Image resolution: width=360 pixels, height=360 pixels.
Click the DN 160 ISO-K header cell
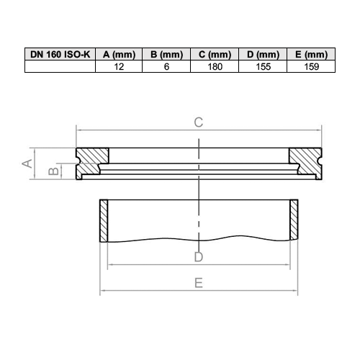[x=60, y=55]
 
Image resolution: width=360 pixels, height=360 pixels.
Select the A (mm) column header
[x=120, y=55]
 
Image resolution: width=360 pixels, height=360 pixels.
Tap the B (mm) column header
[x=167, y=55]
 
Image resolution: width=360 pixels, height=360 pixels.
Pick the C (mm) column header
[x=215, y=55]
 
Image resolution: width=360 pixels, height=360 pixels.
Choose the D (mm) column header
[x=262, y=55]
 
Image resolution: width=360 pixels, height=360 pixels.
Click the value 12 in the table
[x=120, y=66]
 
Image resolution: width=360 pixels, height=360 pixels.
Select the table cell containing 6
[x=167, y=66]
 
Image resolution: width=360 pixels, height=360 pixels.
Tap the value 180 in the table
[x=215, y=66]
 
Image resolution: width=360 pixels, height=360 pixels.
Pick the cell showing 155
[x=262, y=66]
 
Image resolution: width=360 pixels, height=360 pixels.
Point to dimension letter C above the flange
[x=198, y=122]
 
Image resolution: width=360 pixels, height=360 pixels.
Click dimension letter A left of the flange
[x=27, y=163]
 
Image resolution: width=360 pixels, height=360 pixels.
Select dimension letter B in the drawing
[x=52, y=171]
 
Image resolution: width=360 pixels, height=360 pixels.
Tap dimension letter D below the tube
[x=199, y=257]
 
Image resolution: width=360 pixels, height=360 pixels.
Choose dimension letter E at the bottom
[x=198, y=283]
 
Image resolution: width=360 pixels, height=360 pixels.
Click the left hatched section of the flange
[x=91, y=162]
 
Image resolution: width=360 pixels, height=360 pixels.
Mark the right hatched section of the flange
[x=305, y=162]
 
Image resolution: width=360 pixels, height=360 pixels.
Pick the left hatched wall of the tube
[x=103, y=220]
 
